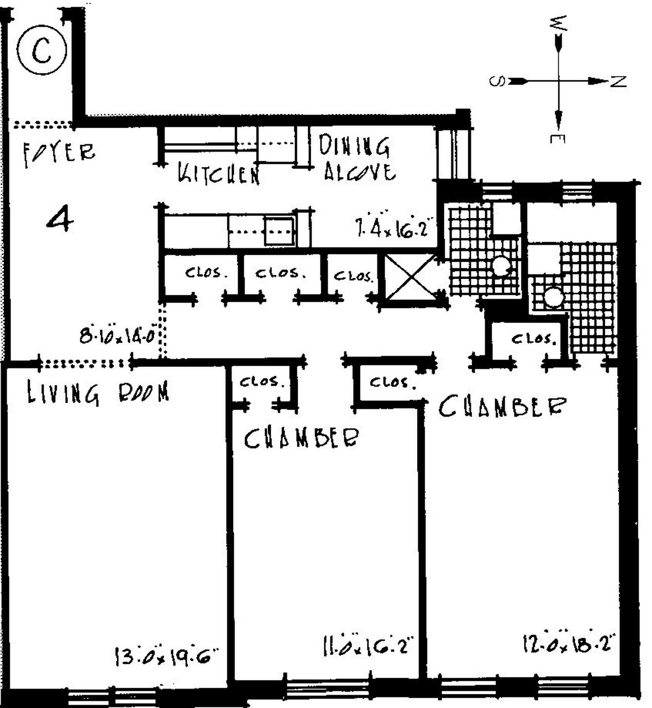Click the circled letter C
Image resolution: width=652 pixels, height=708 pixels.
pyautogui.click(x=42, y=50)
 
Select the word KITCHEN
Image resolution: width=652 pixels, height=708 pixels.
pyautogui.click(x=218, y=174)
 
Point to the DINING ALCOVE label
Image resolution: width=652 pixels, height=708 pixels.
pyautogui.click(x=357, y=159)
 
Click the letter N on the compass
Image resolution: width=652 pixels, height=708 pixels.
pyautogui.click(x=618, y=81)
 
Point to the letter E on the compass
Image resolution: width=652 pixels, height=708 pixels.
pyautogui.click(x=558, y=138)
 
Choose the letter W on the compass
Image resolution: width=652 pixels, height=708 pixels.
pyautogui.click(x=558, y=23)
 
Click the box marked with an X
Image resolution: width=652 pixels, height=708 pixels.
pyautogui.click(x=410, y=278)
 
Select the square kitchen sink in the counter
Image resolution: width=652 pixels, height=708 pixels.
pyautogui.click(x=278, y=231)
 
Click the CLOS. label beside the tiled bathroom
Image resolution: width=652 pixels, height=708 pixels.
pyautogui.click(x=533, y=338)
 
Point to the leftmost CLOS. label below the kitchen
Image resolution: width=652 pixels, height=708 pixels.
pyautogui.click(x=203, y=272)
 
